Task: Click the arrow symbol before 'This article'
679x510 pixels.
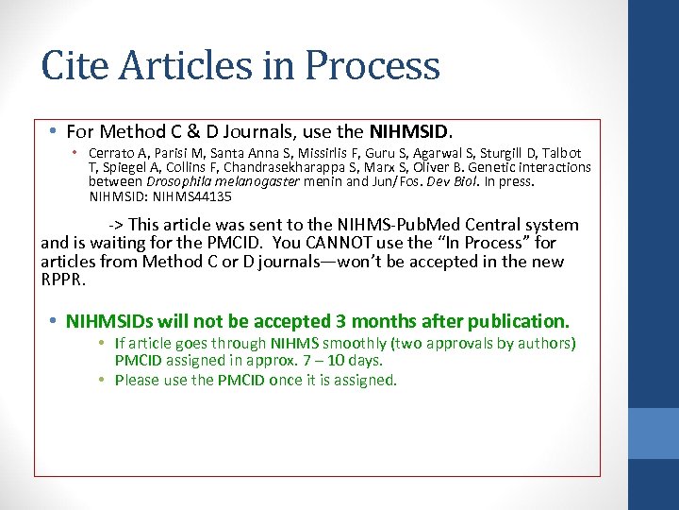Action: click(x=116, y=225)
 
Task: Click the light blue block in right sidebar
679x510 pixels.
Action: click(x=653, y=433)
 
